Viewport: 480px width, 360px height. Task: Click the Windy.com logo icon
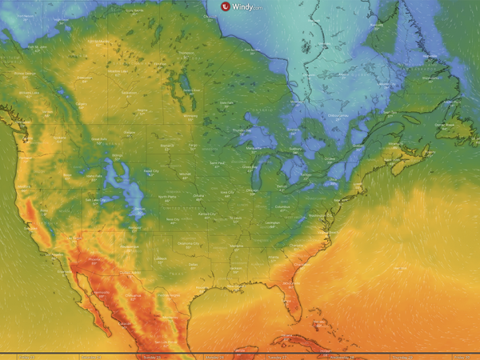click(x=226, y=6)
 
